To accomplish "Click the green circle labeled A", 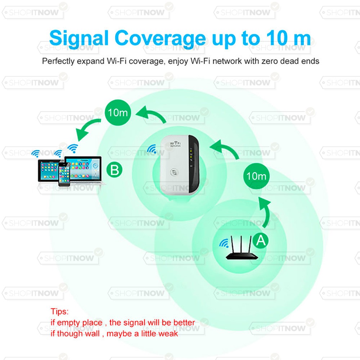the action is (x=261, y=240).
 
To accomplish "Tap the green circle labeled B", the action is (x=114, y=170).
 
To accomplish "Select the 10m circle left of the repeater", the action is (x=118, y=112).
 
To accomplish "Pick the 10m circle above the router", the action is (x=256, y=176).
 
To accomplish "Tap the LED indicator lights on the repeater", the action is (x=191, y=155).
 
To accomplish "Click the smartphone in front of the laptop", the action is (x=64, y=174).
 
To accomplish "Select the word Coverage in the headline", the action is (x=160, y=39).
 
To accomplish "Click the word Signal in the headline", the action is (x=79, y=39).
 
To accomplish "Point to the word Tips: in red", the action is (x=59, y=311).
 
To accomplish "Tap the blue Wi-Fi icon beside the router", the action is (x=224, y=243).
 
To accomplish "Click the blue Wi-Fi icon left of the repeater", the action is (x=152, y=149).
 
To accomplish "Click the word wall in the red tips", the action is (x=91, y=334).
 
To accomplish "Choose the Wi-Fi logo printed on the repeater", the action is (x=175, y=144).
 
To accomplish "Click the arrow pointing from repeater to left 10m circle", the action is (x=152, y=113).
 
